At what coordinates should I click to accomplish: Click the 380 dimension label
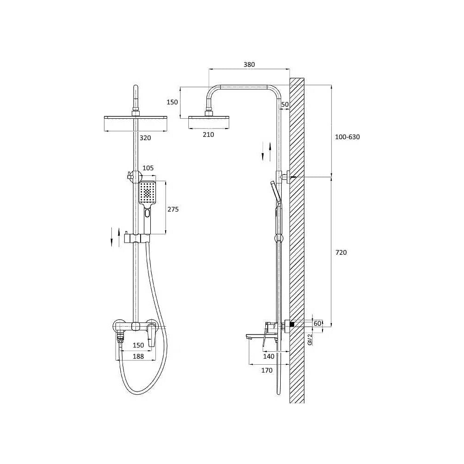point(249,64)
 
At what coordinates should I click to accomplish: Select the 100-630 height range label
point(348,137)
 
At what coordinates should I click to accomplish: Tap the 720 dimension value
point(341,252)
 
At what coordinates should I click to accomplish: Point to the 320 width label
point(145,138)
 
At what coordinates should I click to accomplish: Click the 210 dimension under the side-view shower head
point(208,135)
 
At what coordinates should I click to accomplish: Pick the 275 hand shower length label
point(173,210)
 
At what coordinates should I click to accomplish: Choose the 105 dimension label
point(148,168)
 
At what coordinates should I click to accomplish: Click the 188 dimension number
point(138,356)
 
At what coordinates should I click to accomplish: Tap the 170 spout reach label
point(267,370)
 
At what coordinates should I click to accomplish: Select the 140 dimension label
point(269,356)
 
